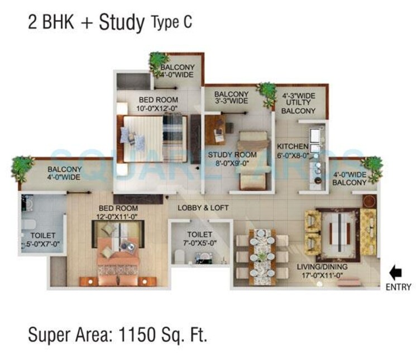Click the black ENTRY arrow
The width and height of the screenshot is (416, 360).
click(x=395, y=273)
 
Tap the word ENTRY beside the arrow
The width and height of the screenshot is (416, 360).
click(x=398, y=287)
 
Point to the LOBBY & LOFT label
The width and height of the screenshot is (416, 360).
click(x=203, y=208)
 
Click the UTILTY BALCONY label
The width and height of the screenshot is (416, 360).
click(x=299, y=103)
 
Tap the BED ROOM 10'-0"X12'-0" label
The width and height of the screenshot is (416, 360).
click(x=158, y=105)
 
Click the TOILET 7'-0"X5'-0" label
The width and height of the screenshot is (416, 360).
click(x=200, y=239)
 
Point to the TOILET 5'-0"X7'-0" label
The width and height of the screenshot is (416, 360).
click(x=42, y=240)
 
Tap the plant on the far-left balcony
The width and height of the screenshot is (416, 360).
click(x=23, y=167)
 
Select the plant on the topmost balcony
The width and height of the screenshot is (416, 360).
click(x=159, y=60)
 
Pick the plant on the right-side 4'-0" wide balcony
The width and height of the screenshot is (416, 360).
click(x=371, y=165)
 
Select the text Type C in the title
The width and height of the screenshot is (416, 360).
click(x=171, y=23)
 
